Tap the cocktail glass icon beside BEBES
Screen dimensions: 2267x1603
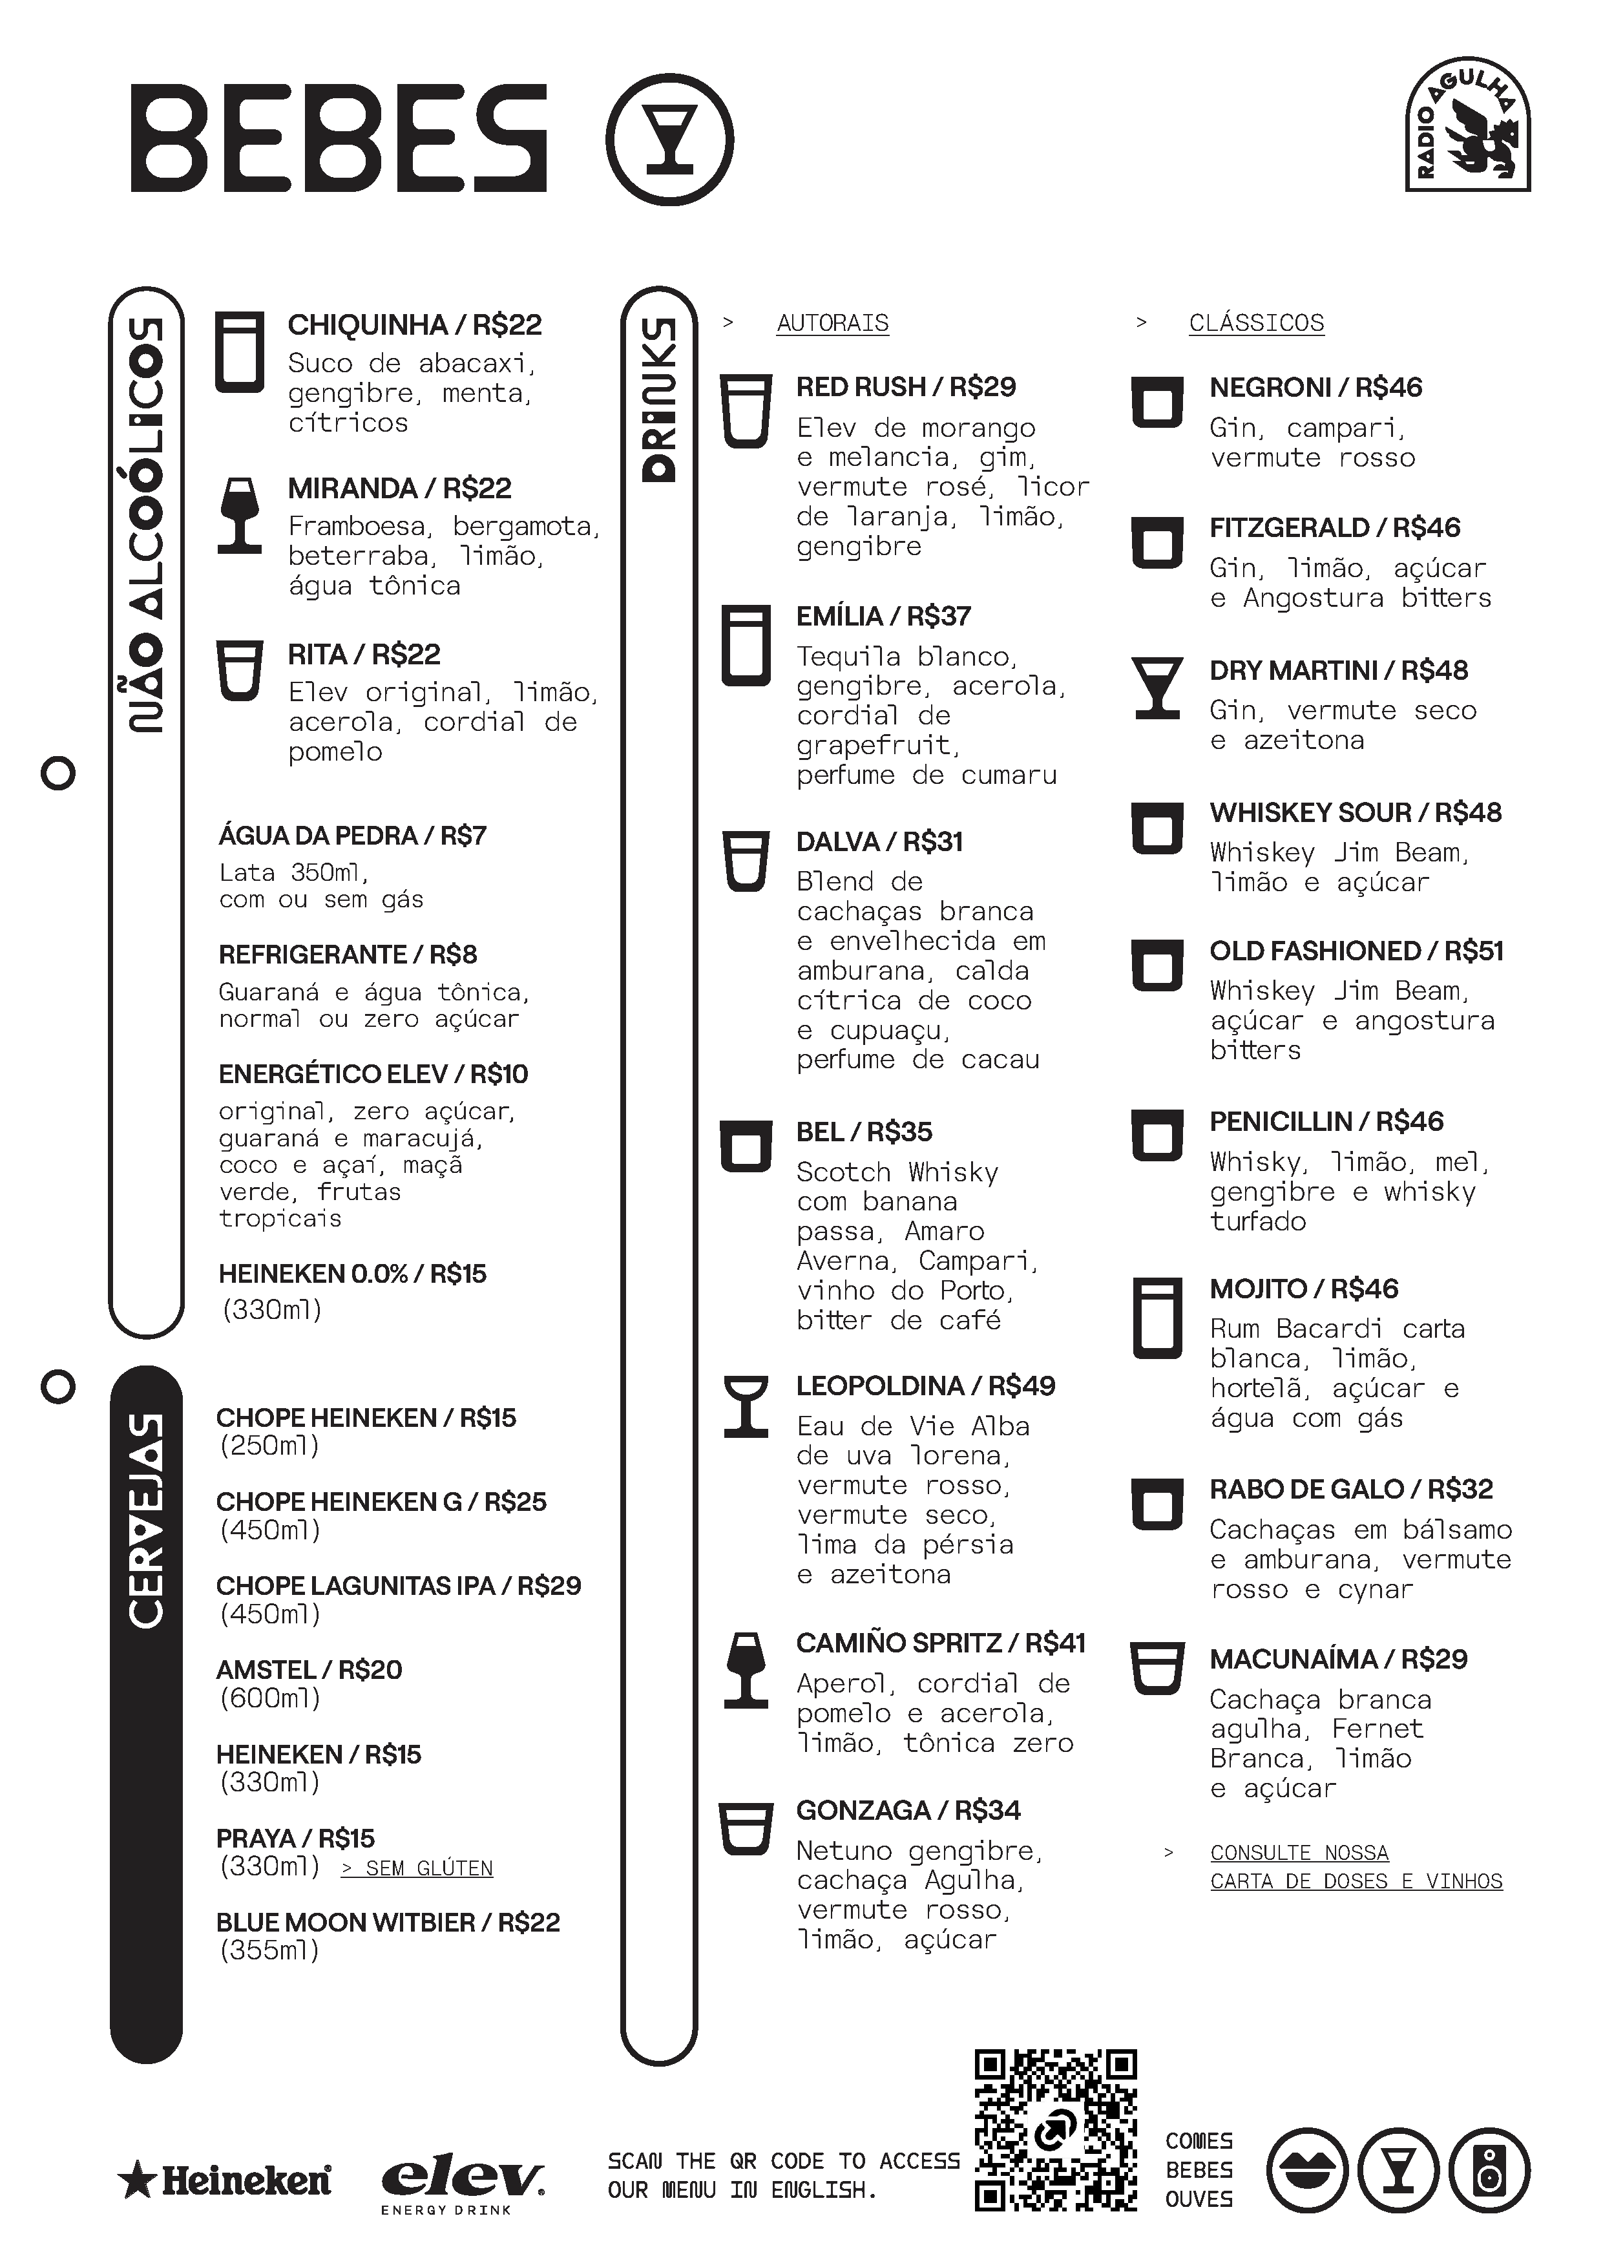pyautogui.click(x=669, y=139)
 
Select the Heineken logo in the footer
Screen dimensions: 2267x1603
pyautogui.click(x=224, y=2181)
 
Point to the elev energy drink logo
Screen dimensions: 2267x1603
pyautogui.click(x=462, y=2185)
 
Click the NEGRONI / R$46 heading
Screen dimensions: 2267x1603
pyautogui.click(x=1315, y=387)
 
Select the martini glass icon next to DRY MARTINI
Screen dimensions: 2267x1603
pyautogui.click(x=1157, y=687)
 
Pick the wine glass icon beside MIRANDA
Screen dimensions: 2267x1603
pyautogui.click(x=240, y=514)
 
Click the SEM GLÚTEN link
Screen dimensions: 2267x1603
pyautogui.click(x=417, y=1868)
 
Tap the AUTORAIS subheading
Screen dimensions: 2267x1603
pyautogui.click(x=832, y=323)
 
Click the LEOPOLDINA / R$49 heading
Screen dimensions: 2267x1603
pyautogui.click(x=925, y=1386)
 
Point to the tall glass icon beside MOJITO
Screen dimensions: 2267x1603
pyautogui.click(x=1157, y=1318)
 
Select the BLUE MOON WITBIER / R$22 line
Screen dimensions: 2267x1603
pyautogui.click(x=388, y=1923)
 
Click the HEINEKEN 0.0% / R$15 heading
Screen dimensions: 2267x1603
pyautogui.click(x=352, y=1274)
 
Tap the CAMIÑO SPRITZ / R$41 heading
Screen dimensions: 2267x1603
pyautogui.click(x=941, y=1643)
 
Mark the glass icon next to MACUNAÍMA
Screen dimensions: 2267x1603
pyautogui.click(x=1157, y=1669)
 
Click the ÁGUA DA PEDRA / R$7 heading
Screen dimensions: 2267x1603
pyautogui.click(x=352, y=836)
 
